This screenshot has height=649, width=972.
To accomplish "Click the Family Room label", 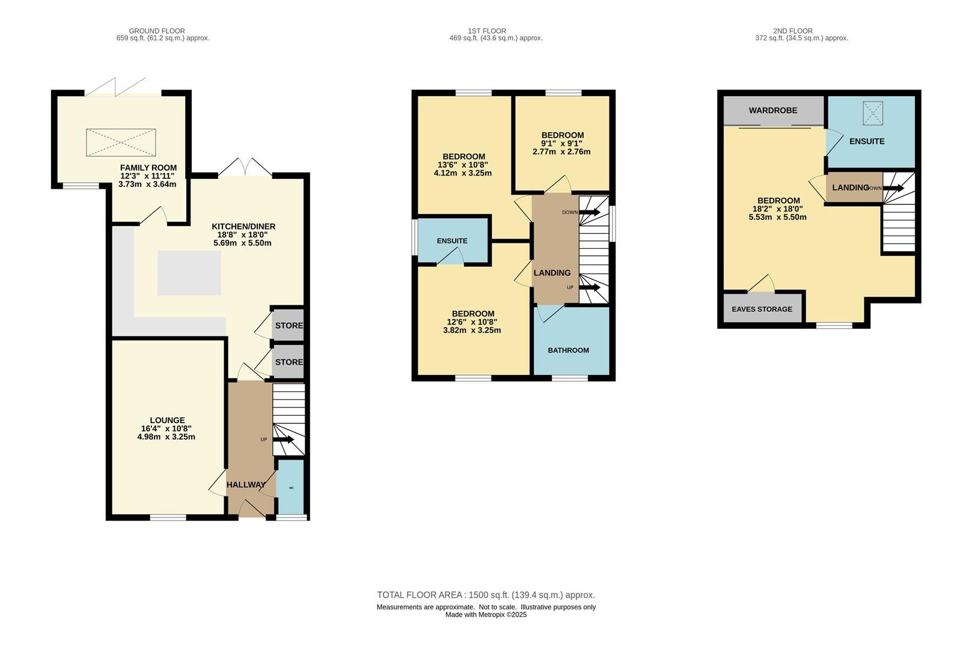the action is pyautogui.click(x=148, y=168).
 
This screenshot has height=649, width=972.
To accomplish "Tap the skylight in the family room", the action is pyautogui.click(x=121, y=142).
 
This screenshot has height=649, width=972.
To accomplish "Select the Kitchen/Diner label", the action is pyautogui.click(x=243, y=227).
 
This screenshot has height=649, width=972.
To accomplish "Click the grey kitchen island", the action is pyautogui.click(x=189, y=273).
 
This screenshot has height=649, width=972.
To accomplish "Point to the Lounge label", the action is pyautogui.click(x=168, y=421).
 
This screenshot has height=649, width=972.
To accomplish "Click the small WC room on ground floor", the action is pyautogui.click(x=290, y=487).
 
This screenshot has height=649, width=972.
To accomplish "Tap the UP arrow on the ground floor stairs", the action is pyautogui.click(x=283, y=439).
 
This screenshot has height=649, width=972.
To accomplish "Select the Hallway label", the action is pyautogui.click(x=246, y=485).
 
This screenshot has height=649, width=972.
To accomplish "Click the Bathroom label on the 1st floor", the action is pyautogui.click(x=569, y=350).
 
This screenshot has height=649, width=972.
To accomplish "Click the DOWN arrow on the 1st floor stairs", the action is pyautogui.click(x=589, y=212).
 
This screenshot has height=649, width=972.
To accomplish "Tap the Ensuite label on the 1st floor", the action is pyautogui.click(x=452, y=241).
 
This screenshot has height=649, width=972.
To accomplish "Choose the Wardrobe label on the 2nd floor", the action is pyautogui.click(x=773, y=111).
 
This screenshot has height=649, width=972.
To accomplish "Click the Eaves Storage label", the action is pyautogui.click(x=762, y=309).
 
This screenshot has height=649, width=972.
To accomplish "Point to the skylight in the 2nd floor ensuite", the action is pyautogui.click(x=873, y=113).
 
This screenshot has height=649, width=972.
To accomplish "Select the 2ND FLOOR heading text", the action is pyautogui.click(x=793, y=31).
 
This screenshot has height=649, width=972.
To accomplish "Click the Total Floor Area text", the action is pyautogui.click(x=486, y=595).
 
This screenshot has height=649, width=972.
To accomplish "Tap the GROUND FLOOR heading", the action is pyautogui.click(x=157, y=31).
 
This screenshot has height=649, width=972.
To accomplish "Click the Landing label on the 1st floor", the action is pyautogui.click(x=552, y=273).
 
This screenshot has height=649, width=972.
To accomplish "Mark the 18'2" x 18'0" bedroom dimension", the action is pyautogui.click(x=778, y=209).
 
